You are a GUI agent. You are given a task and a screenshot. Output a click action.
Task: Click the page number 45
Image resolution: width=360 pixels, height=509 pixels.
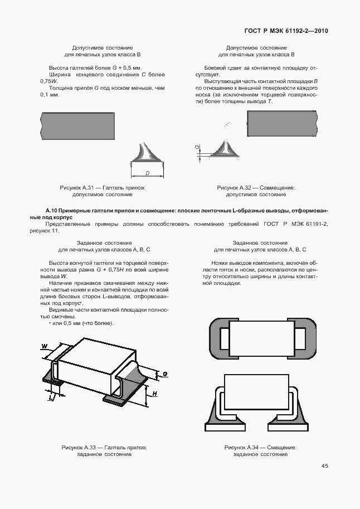tap(325, 466)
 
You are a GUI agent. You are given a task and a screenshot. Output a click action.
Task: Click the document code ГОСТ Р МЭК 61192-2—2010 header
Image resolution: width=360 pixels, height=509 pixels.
tap(286, 31)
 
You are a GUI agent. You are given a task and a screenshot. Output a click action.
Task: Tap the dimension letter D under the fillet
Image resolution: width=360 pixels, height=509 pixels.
tap(147, 173)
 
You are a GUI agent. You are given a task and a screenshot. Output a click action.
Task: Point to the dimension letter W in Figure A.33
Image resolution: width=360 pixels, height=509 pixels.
tap(45, 346)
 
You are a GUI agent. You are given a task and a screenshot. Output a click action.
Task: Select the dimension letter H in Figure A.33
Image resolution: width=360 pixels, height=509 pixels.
tap(155, 394)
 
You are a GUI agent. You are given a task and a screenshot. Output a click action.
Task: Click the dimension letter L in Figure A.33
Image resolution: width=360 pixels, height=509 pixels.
tap(50, 397)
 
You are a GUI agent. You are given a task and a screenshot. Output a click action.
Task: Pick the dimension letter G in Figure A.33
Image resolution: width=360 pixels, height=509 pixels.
tap(165, 374)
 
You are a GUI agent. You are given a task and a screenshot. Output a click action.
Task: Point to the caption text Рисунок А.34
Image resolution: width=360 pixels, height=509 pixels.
tap(241, 448)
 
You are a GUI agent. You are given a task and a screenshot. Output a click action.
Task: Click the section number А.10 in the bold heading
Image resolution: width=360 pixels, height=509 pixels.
tap(52, 211)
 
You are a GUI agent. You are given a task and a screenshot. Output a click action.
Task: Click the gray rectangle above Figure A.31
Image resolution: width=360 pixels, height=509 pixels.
tap(78, 126)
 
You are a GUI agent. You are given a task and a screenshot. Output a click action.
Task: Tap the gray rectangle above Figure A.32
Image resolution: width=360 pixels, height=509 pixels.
tap(282, 123)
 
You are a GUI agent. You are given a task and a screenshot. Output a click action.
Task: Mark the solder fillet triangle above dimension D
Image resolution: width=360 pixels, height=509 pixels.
tap(147, 153)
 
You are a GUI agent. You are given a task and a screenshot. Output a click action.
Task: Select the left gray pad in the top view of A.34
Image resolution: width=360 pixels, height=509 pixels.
tap(219, 338)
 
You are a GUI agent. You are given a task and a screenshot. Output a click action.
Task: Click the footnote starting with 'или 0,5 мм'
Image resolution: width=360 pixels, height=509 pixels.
tap(81, 323)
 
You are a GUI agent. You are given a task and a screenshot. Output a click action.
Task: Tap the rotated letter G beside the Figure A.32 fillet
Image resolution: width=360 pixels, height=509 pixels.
tap(197, 147)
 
